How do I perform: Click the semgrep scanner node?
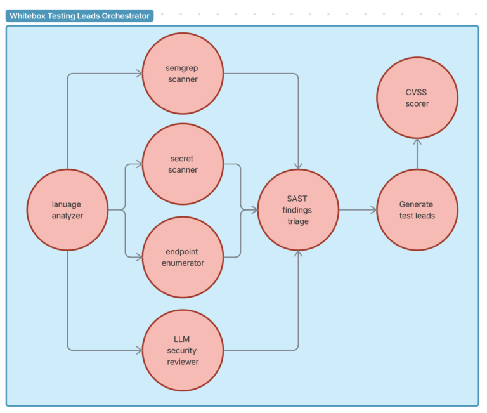183,74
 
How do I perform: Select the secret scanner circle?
183,164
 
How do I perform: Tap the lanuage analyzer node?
67,209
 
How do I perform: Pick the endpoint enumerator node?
183,257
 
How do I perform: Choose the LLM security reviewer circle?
183,350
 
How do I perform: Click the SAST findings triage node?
297,209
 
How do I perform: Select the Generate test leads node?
417,209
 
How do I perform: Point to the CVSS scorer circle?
417,97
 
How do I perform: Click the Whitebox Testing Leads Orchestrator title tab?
80,16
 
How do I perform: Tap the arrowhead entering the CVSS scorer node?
417,142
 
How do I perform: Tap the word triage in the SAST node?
297,221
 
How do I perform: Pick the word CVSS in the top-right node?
417,91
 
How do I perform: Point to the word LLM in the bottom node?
182,339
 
